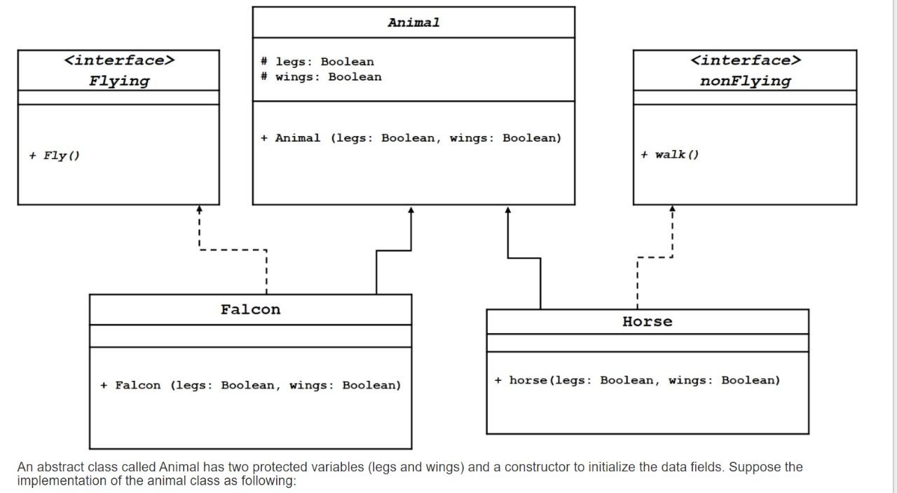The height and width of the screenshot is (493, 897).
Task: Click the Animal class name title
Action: coord(413,22)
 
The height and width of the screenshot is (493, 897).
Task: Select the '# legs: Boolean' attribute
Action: coord(317,62)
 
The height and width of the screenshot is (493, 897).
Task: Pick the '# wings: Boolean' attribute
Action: coord(321,77)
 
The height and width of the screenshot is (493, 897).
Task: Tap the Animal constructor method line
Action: coord(411,138)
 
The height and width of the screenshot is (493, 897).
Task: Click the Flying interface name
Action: coord(119,81)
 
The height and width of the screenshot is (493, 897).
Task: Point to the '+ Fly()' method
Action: coord(55,156)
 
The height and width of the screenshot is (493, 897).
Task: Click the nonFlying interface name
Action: coord(745,81)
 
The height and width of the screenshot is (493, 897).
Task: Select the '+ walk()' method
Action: coord(669,155)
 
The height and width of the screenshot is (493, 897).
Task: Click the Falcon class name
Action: coord(250,310)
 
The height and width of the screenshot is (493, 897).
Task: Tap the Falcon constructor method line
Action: coord(251,385)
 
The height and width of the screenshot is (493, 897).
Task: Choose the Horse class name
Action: coord(647,322)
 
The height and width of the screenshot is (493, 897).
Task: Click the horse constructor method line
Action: coord(637,380)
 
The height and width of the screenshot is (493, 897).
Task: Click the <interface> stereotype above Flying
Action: coord(119,60)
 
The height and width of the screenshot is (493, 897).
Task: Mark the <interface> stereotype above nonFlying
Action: coord(745,60)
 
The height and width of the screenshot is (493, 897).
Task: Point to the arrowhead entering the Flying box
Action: coord(199,210)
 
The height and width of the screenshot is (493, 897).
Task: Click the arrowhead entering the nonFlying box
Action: coord(672,210)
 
